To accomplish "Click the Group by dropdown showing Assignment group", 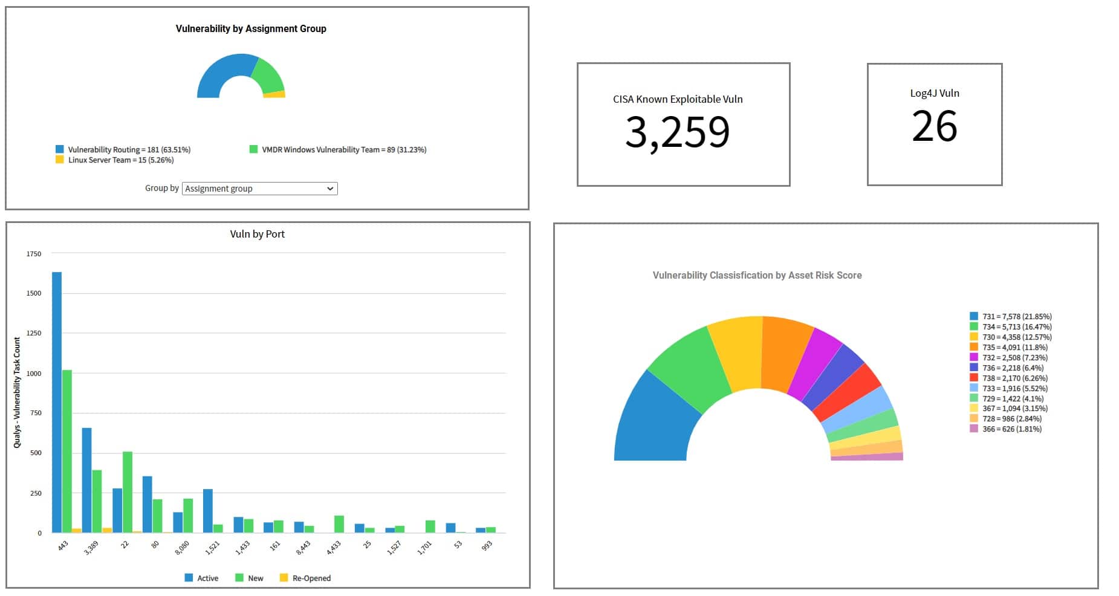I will tap(259, 189).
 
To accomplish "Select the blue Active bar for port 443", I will tap(57, 402).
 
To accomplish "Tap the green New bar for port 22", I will tap(128, 491).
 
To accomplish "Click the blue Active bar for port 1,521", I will tap(208, 511).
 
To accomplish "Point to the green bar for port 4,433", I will tap(339, 524).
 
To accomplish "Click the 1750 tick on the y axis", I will tap(34, 254).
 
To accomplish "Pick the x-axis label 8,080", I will tap(182, 548).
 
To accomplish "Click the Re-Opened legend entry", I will tap(305, 578).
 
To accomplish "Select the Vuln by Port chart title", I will tap(257, 234).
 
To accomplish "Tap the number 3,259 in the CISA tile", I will tap(677, 132).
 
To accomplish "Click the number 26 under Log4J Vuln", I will tap(934, 126).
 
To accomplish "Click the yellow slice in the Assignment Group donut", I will tap(275, 94).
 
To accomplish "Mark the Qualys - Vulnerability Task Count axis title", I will tap(17, 393).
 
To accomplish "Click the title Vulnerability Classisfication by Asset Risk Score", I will tap(757, 276).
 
